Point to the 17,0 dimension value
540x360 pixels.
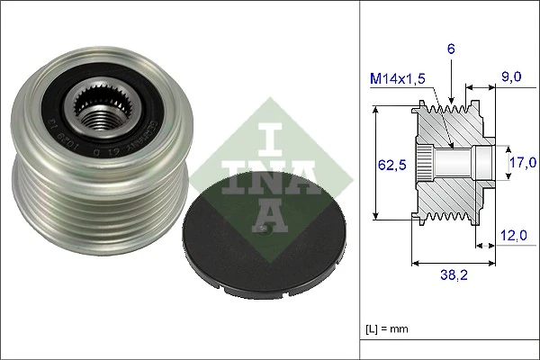(x=522, y=163)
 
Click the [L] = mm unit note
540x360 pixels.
(x=387, y=328)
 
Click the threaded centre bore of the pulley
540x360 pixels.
(x=100, y=112)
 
